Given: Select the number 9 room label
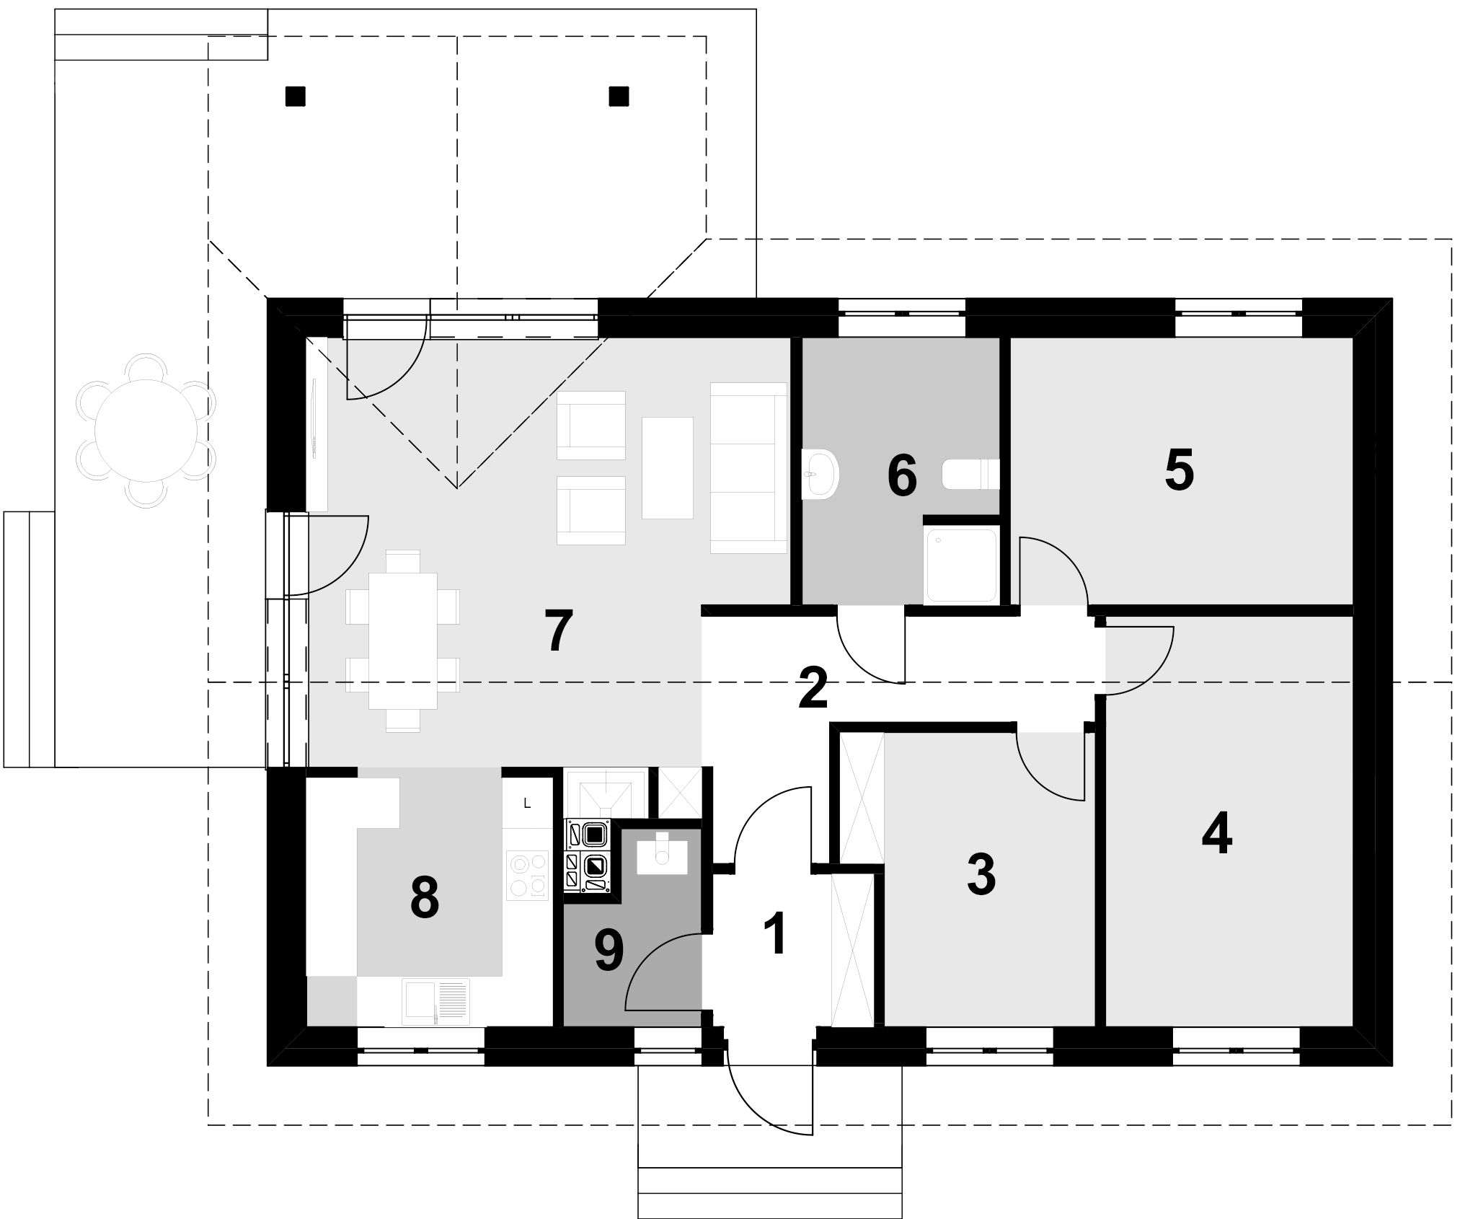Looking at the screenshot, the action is (x=609, y=951).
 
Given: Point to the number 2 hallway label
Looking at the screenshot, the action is (x=813, y=688).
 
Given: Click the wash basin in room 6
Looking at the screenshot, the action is (x=820, y=474).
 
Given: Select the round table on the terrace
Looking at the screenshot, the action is (x=146, y=431).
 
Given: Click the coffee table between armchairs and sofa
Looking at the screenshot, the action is (x=667, y=467).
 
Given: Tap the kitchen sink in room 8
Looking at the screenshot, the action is (x=436, y=1001).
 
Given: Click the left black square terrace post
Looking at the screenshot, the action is (x=295, y=96).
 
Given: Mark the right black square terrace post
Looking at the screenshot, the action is (x=619, y=96).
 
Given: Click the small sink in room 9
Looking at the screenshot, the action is (x=663, y=853).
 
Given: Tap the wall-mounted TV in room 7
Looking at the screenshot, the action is (x=315, y=419).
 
